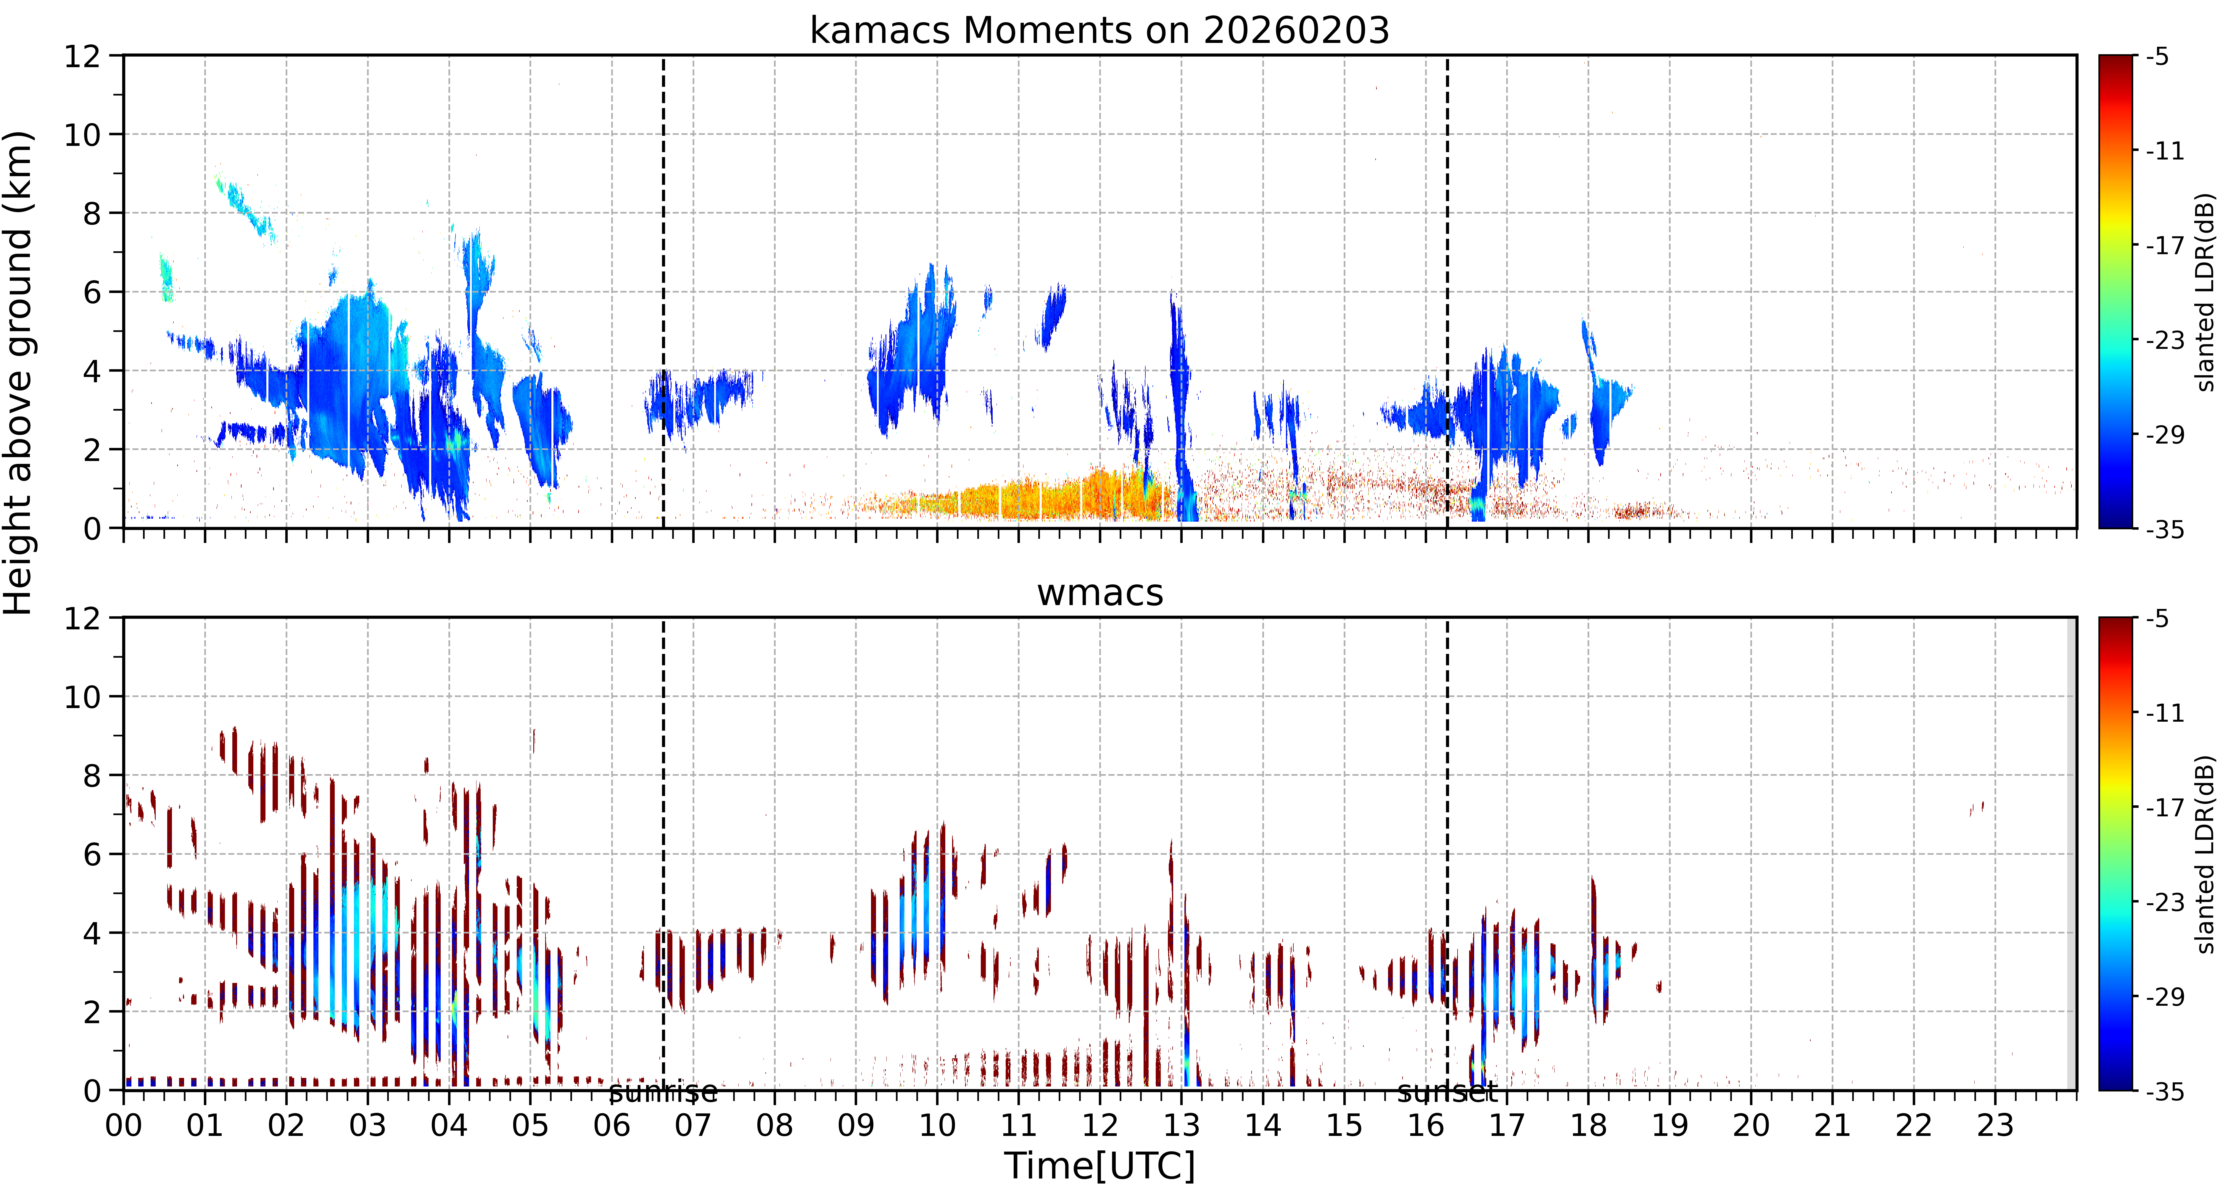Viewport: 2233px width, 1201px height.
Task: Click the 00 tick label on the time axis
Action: click(124, 1126)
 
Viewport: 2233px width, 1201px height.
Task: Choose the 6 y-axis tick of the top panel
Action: click(92, 292)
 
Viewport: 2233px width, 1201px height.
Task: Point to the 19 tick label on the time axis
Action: click(1669, 1126)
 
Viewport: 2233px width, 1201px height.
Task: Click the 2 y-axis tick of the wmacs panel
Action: click(92, 1012)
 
